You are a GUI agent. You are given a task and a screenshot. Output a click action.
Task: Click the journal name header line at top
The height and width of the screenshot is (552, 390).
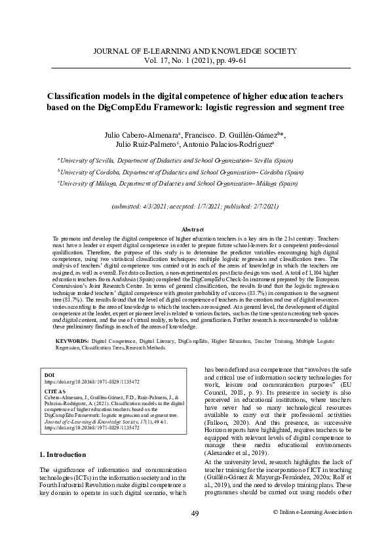coord(195,50)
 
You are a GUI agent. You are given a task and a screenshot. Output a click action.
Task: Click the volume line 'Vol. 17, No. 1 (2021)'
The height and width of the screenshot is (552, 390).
coord(195,60)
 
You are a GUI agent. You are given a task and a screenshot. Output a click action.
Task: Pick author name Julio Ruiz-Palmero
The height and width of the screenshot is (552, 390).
coord(147,144)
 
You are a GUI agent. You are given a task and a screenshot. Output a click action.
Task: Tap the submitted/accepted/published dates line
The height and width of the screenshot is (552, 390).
coord(195,206)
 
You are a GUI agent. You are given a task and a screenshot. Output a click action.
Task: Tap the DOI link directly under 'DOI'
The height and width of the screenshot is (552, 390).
coord(83,380)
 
